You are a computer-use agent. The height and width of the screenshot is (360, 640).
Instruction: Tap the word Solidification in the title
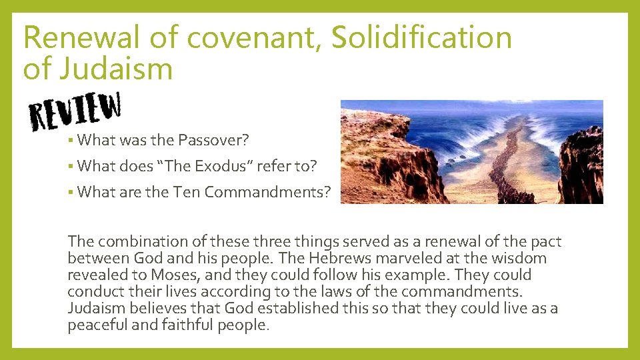click(x=421, y=38)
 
